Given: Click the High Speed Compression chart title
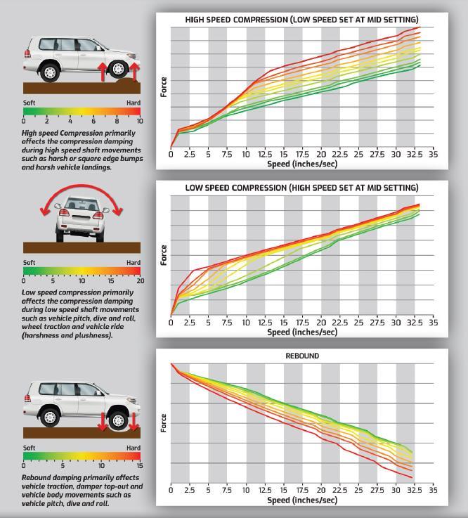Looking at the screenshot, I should [301, 20].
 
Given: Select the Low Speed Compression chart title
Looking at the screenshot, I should [301, 188].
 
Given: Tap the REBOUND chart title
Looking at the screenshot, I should [301, 356].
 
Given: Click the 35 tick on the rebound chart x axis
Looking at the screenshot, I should [433, 491].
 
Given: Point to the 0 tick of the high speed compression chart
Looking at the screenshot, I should [171, 155].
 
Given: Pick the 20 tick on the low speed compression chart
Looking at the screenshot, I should [321, 323].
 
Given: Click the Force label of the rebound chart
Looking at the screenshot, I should [164, 422].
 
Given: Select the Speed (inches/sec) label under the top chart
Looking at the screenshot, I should [301, 164].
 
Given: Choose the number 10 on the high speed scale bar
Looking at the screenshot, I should [139, 121].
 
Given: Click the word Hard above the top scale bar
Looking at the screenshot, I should [134, 103].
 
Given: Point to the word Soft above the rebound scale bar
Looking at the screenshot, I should [30, 448].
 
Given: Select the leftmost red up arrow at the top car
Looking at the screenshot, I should [101, 70].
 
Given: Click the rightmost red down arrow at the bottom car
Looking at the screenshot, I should [134, 420].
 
